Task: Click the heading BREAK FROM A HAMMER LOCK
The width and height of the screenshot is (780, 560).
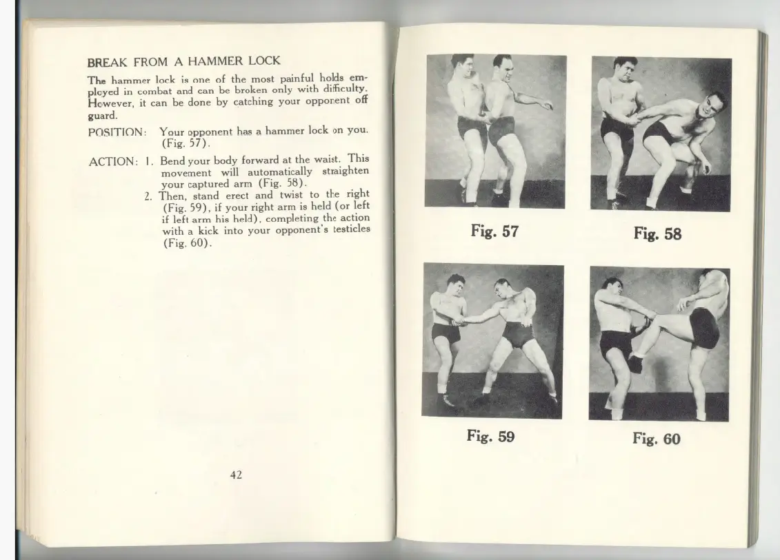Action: (x=183, y=61)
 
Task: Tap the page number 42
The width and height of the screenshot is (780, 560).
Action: (x=236, y=474)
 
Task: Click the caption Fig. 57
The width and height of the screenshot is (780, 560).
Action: (x=494, y=231)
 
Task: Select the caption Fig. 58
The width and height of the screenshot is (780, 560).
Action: (x=657, y=234)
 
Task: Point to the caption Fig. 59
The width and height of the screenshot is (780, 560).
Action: (x=490, y=436)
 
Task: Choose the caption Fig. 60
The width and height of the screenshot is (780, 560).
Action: (x=656, y=439)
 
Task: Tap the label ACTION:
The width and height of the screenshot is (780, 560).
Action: (x=112, y=162)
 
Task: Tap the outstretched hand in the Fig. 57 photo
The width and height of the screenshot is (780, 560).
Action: (x=547, y=105)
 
